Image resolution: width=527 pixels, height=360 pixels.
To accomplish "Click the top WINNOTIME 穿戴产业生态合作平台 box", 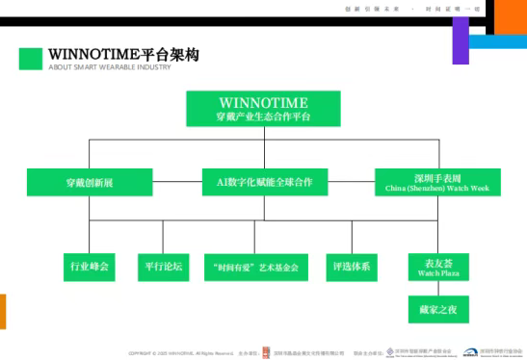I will (x=263, y=109).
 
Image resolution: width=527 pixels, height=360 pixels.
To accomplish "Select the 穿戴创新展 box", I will (x=90, y=181).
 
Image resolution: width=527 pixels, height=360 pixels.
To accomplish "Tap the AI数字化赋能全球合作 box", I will (x=265, y=181).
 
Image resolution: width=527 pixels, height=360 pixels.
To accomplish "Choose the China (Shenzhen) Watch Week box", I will (x=437, y=183).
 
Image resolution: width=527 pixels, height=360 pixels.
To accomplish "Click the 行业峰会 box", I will (x=90, y=266).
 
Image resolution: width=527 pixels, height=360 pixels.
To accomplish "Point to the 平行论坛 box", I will (x=162, y=266).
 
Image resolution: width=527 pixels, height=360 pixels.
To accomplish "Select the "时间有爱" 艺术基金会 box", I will (x=256, y=267).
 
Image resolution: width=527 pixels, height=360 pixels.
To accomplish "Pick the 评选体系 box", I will (x=352, y=266).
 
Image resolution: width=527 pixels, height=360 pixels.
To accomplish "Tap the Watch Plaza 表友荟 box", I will (x=437, y=266).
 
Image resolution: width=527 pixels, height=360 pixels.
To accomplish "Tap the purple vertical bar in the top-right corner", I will (x=460, y=40).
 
